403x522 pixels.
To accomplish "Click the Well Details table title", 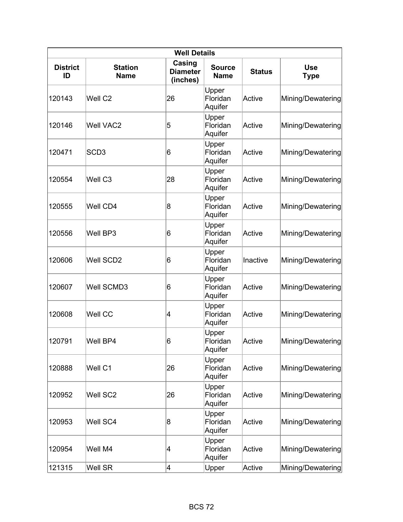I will point(194,53).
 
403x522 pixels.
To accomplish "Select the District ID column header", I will point(66,71).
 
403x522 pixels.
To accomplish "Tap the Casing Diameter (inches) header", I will point(185,71).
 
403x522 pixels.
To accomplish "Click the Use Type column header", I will point(311,71).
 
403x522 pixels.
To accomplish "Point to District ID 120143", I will point(60,98).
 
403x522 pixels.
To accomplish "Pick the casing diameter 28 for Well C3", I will point(171,179).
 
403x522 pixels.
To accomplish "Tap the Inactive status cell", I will point(255,260).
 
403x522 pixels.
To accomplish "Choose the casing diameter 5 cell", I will point(169,125).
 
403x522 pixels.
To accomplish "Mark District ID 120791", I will point(60,341).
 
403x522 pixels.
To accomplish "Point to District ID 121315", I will point(60,468).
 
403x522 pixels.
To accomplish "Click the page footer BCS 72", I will point(201,507).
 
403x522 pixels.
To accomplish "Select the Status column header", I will point(261,71).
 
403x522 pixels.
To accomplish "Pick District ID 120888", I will point(60,368).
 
